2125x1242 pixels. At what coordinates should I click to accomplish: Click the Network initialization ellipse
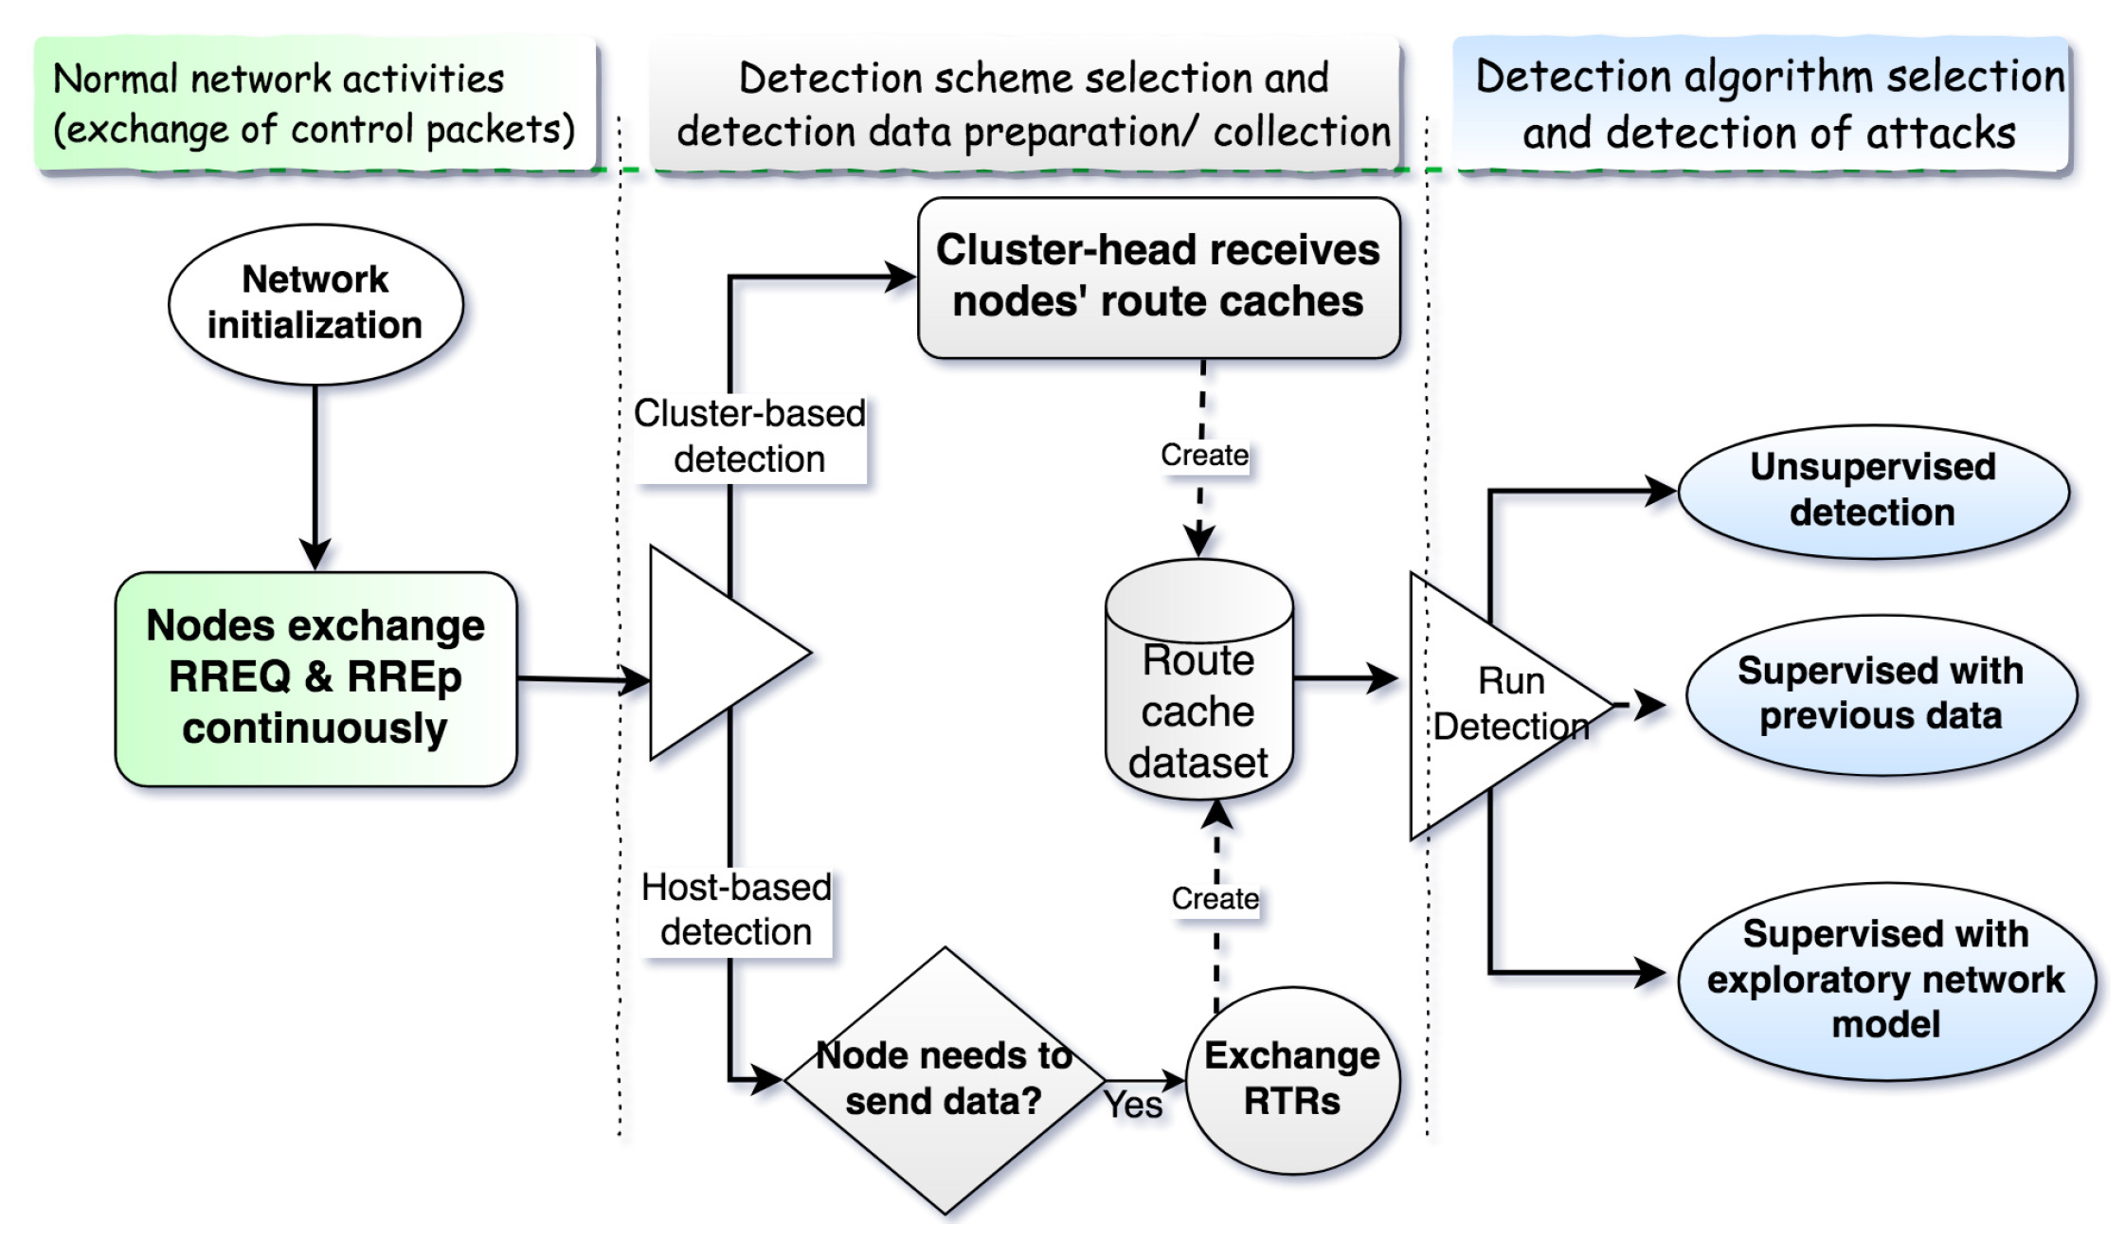(315, 303)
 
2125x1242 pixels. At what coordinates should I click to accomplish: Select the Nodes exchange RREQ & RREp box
(315, 678)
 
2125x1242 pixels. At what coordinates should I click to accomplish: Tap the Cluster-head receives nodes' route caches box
(1158, 277)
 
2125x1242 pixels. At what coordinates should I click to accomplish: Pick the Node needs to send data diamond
(944, 1080)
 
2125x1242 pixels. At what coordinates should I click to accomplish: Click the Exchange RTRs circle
(1292, 1080)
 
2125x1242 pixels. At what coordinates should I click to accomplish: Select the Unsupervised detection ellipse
(1872, 491)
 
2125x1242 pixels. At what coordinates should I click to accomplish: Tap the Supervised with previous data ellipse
(1881, 694)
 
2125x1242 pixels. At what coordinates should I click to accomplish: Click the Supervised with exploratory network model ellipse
(1885, 980)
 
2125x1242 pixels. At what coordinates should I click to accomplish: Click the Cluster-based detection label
(749, 437)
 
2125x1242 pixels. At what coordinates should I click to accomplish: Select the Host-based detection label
(736, 909)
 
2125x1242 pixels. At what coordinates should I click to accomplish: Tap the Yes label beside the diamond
(1133, 1104)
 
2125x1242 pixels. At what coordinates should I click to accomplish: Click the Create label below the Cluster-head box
(1204, 456)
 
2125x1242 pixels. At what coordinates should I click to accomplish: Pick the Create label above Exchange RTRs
(1216, 898)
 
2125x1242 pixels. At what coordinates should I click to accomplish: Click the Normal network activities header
(315, 104)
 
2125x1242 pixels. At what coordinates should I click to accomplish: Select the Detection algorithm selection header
(1768, 104)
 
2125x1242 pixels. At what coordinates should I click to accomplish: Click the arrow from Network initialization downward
(315, 474)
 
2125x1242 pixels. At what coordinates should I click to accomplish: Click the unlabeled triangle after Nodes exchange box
(711, 654)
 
